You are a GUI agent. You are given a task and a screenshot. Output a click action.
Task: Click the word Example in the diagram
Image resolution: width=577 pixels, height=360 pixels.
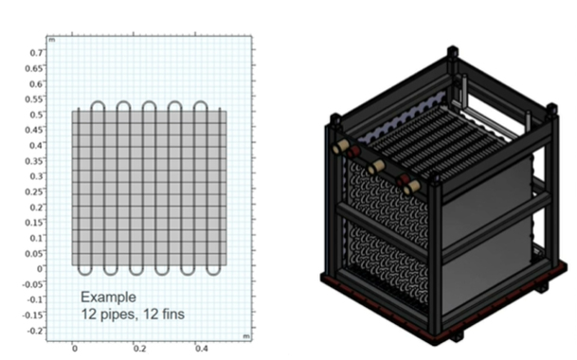pyautogui.click(x=102, y=296)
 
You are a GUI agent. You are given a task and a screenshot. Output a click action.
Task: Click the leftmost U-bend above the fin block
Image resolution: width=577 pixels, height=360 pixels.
pyautogui.click(x=98, y=103)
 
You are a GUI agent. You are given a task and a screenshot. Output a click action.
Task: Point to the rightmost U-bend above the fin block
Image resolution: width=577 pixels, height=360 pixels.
pyautogui.click(x=203, y=103)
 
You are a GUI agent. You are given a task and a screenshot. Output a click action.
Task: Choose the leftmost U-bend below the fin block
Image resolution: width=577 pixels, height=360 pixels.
pyautogui.click(x=84, y=270)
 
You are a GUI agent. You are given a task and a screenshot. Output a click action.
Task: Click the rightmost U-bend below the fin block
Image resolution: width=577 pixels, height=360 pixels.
pyautogui.click(x=215, y=270)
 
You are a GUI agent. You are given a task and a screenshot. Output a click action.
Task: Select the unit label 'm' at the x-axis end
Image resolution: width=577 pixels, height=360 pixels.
pyautogui.click(x=247, y=337)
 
